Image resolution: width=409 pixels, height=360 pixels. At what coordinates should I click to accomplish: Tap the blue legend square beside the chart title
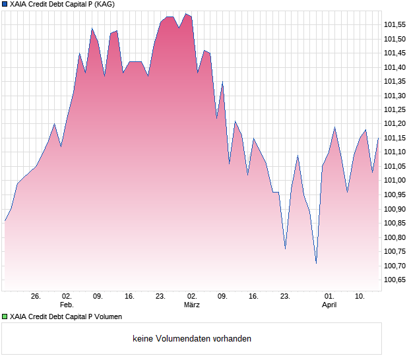5,5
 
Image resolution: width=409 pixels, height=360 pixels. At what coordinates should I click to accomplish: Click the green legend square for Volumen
5,317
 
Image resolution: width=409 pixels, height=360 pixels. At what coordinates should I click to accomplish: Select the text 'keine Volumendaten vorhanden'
192,339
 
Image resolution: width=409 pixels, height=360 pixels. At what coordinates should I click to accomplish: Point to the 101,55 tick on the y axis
394,25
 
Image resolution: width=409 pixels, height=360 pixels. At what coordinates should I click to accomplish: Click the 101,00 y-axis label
394,181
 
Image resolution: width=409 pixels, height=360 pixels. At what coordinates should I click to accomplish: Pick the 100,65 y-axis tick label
394,280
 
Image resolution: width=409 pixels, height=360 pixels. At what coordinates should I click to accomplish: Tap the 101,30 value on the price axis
394,96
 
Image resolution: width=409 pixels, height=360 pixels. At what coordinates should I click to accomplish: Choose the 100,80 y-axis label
394,237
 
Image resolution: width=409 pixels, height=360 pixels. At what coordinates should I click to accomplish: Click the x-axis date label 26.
36,297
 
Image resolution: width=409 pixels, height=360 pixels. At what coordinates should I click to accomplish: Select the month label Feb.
67,305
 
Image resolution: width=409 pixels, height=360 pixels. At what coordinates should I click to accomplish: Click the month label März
192,305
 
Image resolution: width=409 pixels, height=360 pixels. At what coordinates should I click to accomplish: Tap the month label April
329,305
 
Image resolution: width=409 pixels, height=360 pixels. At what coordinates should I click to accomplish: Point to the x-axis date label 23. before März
160,297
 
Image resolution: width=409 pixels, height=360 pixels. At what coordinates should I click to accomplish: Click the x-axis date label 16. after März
254,297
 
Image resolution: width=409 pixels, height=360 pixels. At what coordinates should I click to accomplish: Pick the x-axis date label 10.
360,297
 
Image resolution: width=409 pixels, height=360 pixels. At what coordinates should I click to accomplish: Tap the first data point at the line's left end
5,220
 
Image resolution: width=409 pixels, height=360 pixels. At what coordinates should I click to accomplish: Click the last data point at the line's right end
378,138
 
